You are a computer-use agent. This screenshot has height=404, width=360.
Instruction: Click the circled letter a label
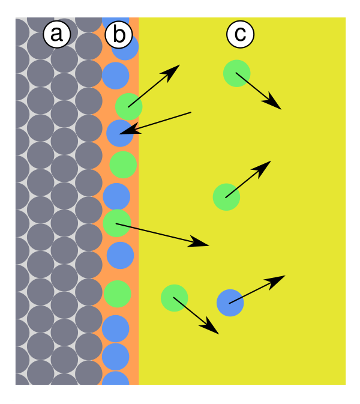click(x=56, y=34)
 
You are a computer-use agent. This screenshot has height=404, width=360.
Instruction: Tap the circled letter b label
click(x=119, y=34)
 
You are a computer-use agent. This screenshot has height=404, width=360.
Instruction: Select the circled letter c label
click(x=240, y=34)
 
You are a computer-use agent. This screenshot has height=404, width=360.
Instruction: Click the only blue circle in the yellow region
click(x=230, y=303)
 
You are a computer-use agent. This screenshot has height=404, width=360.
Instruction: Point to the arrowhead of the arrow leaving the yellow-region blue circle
click(x=286, y=276)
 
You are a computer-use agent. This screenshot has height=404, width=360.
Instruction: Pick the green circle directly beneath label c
click(x=236, y=73)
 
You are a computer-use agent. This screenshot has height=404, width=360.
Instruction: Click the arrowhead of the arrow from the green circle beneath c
click(x=281, y=109)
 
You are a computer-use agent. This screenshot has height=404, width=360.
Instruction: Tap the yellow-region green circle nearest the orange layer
click(x=175, y=298)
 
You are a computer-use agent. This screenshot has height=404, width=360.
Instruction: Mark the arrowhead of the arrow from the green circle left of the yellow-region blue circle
click(x=218, y=334)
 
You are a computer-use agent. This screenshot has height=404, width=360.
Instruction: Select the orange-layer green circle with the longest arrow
click(x=116, y=223)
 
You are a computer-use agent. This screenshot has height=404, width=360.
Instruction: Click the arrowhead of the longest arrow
click(x=209, y=246)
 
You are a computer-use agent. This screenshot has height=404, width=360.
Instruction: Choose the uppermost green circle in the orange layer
click(x=129, y=106)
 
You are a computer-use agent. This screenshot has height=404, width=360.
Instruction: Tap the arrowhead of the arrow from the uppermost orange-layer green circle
click(x=180, y=65)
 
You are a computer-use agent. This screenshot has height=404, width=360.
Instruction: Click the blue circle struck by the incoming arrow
click(x=120, y=133)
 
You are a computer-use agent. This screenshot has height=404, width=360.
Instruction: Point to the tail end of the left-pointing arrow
click(x=191, y=112)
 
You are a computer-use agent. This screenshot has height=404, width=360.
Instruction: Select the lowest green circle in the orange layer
click(x=118, y=294)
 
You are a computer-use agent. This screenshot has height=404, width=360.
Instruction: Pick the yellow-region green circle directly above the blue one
click(x=226, y=197)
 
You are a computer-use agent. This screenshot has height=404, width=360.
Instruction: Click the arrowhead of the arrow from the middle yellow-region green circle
click(x=271, y=161)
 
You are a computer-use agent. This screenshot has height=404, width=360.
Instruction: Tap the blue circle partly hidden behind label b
click(x=125, y=47)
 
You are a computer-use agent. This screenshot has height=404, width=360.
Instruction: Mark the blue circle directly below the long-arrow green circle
click(x=120, y=255)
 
